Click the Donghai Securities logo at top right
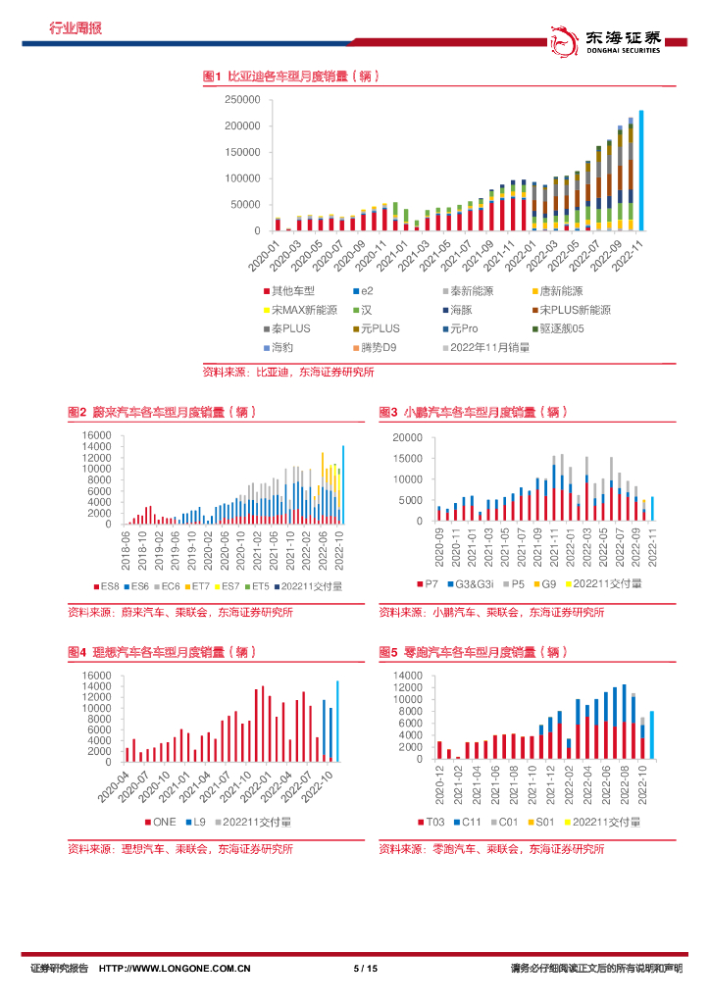coord(615,42)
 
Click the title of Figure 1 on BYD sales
coord(290,75)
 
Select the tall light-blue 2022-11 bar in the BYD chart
coord(641,170)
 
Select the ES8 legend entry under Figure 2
coord(107,585)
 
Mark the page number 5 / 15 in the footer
coord(365,969)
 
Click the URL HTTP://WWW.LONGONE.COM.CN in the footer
coord(176,969)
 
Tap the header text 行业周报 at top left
coord(75,28)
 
